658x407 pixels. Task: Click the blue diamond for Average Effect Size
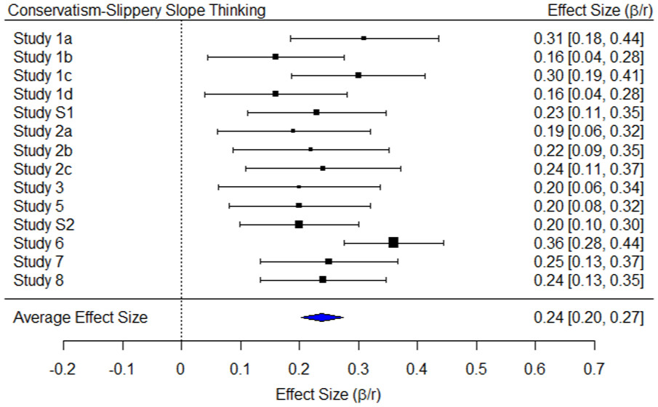click(x=322, y=317)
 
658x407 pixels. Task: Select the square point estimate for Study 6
click(x=393, y=243)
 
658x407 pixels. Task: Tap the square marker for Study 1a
click(x=364, y=38)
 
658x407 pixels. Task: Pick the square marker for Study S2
click(x=299, y=225)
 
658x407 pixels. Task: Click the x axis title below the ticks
click(x=328, y=395)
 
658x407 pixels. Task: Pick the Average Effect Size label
click(x=80, y=318)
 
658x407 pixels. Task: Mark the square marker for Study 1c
click(x=358, y=75)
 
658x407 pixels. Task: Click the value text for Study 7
click(x=587, y=262)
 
